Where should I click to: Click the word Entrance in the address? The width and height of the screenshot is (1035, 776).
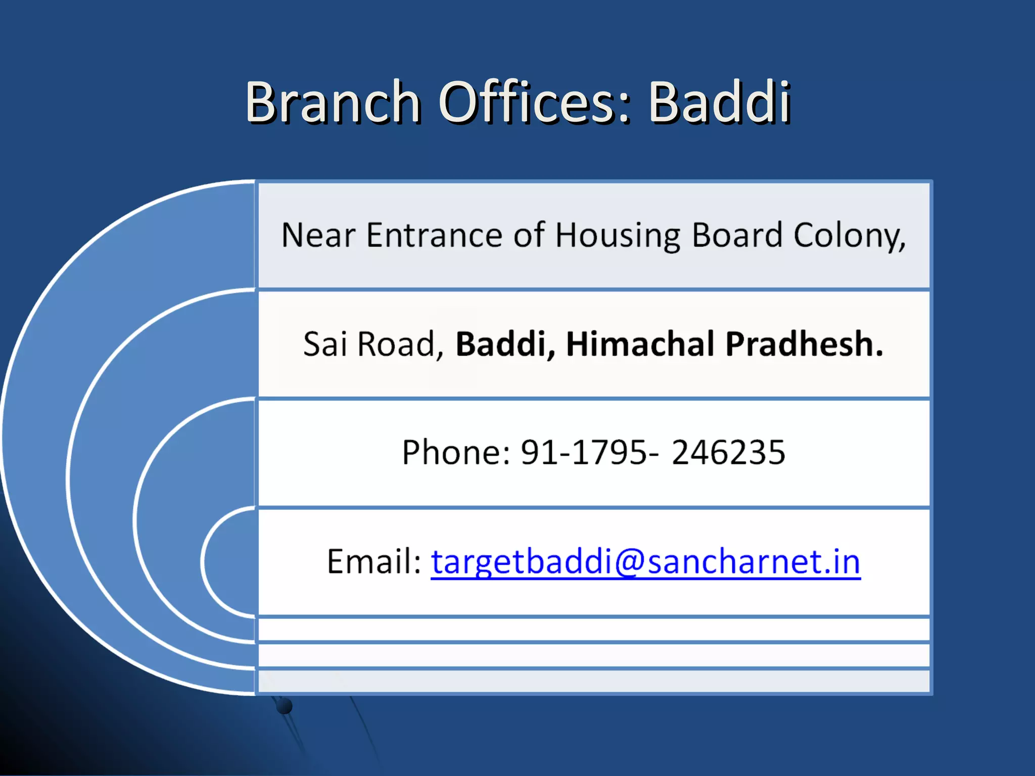click(x=435, y=235)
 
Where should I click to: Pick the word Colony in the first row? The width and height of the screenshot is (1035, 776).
click(x=849, y=236)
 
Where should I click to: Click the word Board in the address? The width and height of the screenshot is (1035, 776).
click(x=737, y=235)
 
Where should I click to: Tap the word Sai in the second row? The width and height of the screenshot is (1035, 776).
click(x=325, y=344)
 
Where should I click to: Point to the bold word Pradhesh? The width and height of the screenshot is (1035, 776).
click(x=804, y=344)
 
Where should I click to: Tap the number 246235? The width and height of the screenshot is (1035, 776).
click(x=728, y=452)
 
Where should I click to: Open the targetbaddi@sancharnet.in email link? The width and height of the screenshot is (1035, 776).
click(x=645, y=562)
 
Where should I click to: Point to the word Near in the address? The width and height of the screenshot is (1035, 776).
click(x=318, y=235)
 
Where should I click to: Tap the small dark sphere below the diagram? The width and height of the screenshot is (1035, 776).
click(x=285, y=706)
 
